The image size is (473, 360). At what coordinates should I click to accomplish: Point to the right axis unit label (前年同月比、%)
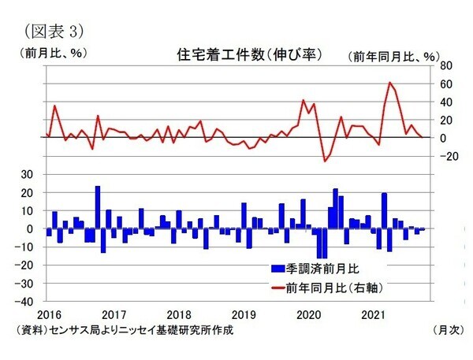tap(393, 56)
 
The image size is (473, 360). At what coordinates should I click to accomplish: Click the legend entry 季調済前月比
tap(321, 268)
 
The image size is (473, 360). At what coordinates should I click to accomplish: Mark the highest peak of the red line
tap(389, 82)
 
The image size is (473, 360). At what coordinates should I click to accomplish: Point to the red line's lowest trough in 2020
tap(324, 161)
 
